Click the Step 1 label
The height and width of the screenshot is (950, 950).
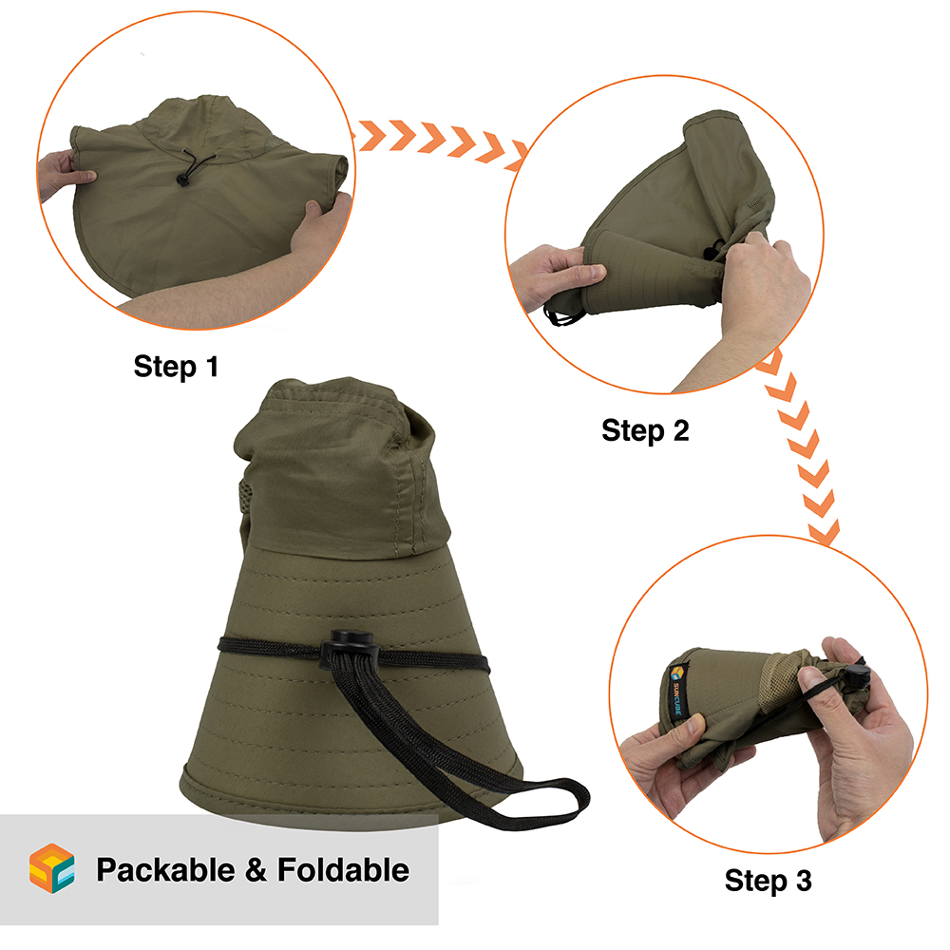[x=176, y=367]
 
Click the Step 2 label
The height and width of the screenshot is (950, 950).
[x=645, y=430]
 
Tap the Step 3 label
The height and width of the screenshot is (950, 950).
[x=769, y=881]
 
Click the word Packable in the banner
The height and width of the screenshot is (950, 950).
[x=165, y=870]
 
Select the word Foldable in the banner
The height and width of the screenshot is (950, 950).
[x=343, y=870]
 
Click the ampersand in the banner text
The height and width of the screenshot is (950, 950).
[x=256, y=870]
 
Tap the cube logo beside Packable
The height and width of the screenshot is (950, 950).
[x=52, y=868]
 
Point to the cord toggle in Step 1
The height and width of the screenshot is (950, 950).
[x=181, y=179]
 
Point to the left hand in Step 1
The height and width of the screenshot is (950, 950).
[x=64, y=173]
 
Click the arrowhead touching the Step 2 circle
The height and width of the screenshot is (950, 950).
[x=519, y=155]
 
